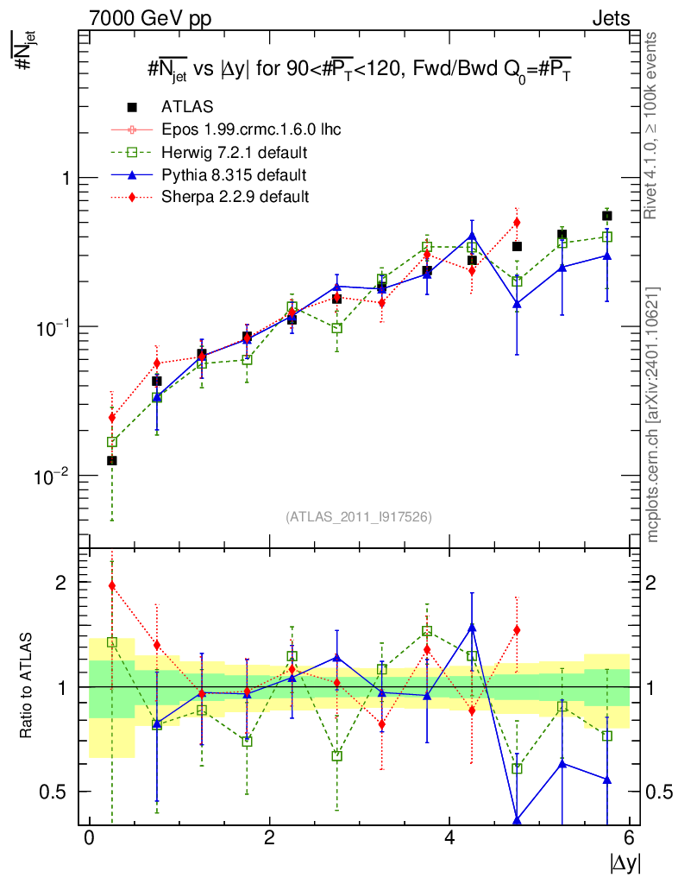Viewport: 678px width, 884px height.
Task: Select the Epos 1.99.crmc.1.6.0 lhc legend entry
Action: (251, 130)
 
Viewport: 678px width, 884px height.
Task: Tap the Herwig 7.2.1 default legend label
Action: (235, 153)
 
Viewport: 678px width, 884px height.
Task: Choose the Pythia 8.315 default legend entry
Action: (234, 175)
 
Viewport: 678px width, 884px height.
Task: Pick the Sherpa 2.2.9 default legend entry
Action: (235, 197)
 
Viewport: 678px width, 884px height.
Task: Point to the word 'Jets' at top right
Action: (610, 18)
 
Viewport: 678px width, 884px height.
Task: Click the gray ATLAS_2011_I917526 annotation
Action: (358, 516)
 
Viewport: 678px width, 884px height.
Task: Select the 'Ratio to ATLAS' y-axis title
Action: (28, 686)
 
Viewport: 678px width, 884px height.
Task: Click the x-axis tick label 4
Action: (449, 838)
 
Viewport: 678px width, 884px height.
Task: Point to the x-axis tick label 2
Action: (269, 838)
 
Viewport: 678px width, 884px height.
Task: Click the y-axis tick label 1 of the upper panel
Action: (64, 178)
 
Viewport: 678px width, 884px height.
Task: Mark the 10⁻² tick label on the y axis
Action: (53, 476)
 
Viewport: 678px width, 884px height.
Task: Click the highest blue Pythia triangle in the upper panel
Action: (472, 235)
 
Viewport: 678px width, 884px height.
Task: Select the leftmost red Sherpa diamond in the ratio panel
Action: (111, 585)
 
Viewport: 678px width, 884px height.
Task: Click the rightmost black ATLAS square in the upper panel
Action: (607, 216)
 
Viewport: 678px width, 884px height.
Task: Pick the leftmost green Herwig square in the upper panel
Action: (111, 442)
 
